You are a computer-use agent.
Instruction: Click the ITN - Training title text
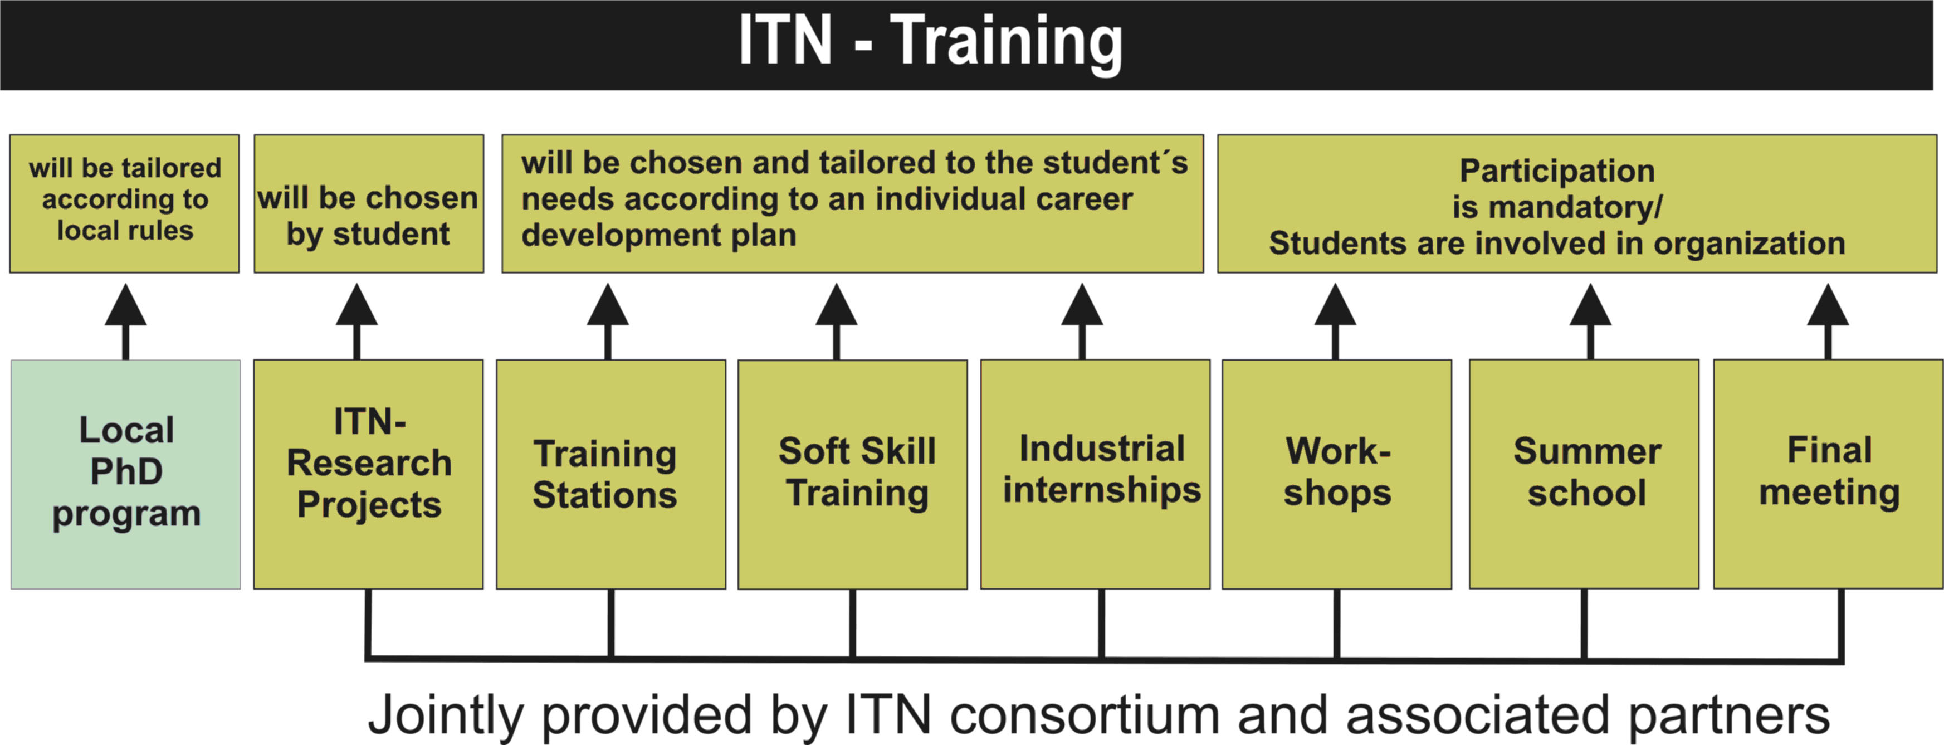click(930, 42)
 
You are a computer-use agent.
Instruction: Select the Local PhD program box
click(125, 474)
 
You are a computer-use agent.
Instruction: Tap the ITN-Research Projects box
click(368, 474)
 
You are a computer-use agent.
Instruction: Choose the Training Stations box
click(611, 474)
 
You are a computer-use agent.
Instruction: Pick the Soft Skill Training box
click(853, 474)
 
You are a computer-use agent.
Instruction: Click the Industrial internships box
click(1095, 474)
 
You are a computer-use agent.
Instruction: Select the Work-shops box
click(1336, 474)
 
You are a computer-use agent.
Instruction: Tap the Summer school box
click(1584, 474)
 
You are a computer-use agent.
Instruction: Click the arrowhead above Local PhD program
click(125, 306)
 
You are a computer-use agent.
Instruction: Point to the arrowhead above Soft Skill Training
click(836, 306)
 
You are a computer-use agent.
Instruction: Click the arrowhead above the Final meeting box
click(1828, 306)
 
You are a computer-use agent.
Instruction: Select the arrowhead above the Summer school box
click(1591, 306)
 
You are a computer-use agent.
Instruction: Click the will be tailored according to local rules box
click(125, 204)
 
